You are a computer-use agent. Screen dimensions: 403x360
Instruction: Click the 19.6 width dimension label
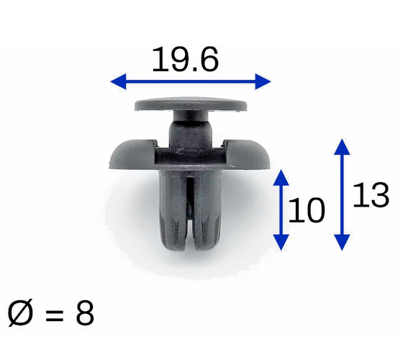[186, 59]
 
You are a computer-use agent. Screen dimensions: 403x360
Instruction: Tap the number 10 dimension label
[307, 210]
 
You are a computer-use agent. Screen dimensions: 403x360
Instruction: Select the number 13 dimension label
[371, 194]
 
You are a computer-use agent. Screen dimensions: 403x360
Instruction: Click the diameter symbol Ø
[21, 313]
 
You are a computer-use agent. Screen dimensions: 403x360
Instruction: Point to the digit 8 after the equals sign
[85, 313]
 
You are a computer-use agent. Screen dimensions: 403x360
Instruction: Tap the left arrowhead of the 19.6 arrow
[119, 81]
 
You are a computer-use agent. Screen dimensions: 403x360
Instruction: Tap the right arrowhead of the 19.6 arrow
[263, 81]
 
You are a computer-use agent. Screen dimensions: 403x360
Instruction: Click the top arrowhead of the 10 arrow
[281, 177]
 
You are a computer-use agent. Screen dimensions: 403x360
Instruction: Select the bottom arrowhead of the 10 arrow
[281, 243]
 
